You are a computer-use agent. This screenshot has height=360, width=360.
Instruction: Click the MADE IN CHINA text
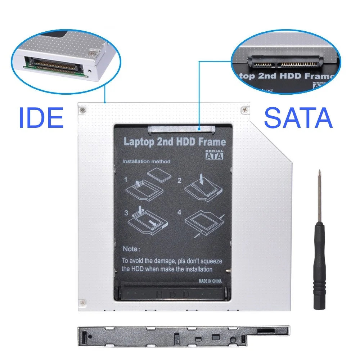[x=210, y=281]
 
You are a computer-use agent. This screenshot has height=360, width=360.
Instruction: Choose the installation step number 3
[x=126, y=212]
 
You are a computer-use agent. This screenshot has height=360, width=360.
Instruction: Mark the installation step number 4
[x=179, y=212]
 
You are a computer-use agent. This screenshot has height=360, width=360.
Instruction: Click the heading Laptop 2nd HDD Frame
[x=175, y=141]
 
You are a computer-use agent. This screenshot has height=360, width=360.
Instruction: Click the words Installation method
[x=147, y=161]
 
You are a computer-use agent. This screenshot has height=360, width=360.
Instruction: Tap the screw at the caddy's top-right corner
[x=244, y=108]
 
